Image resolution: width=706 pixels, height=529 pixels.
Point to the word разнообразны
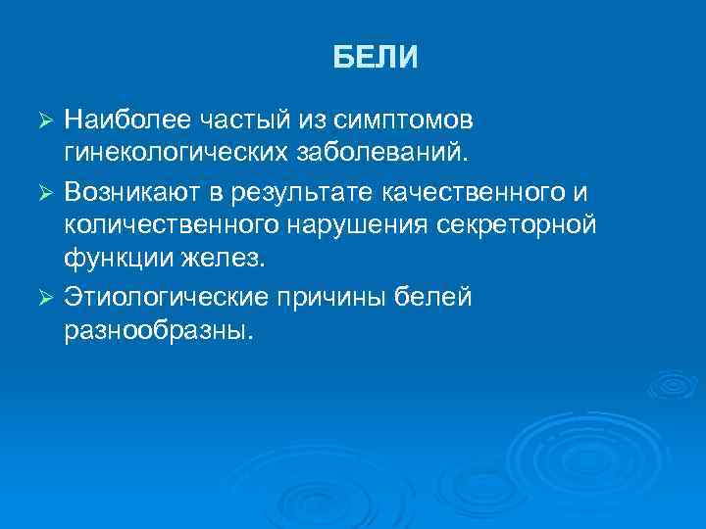157,331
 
